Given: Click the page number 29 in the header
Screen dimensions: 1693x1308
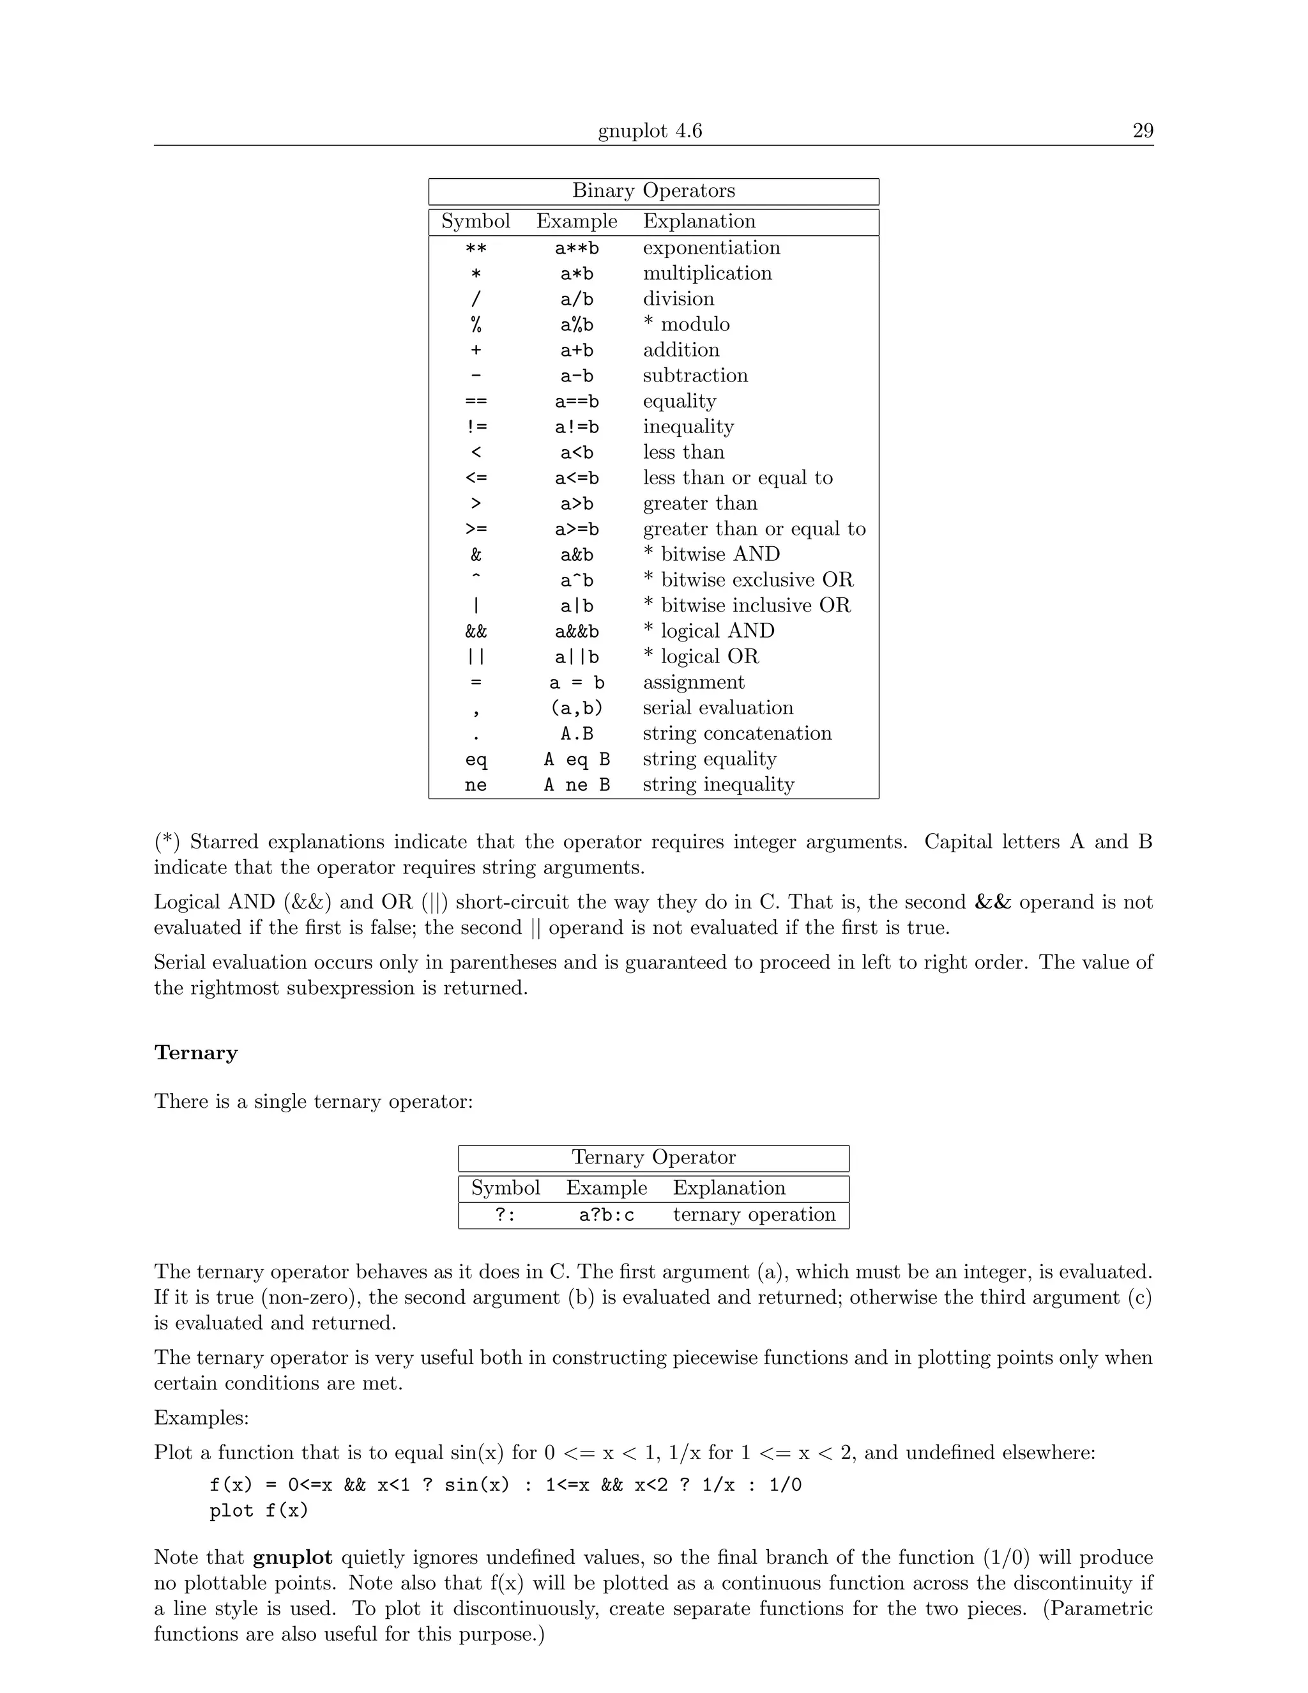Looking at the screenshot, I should point(1142,130).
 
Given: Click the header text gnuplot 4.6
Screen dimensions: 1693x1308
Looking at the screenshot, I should point(650,130).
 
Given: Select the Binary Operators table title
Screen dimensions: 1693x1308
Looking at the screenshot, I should point(653,190).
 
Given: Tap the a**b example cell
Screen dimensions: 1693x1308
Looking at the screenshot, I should point(577,248).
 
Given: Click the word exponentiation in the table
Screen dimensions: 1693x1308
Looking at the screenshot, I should point(711,248).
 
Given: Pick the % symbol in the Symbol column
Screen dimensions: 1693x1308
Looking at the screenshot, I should point(476,325).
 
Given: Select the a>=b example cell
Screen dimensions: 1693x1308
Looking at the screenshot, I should point(577,530).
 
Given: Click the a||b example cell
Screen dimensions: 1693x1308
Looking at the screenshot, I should point(577,657).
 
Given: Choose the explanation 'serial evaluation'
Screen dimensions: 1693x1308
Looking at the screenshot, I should point(717,709).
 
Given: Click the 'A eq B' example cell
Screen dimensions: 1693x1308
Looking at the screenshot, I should point(577,760).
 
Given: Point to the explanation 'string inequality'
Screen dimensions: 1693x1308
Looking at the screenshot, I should point(719,785).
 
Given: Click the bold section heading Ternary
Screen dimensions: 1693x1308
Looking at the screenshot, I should point(196,1053).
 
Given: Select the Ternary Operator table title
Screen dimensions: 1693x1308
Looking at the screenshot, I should point(653,1158).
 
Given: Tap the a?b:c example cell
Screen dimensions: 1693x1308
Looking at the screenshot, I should point(606,1214).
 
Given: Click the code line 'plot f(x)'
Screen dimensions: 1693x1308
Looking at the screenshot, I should point(259,1511).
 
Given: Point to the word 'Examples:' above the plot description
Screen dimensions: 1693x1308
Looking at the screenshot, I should point(201,1418).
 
